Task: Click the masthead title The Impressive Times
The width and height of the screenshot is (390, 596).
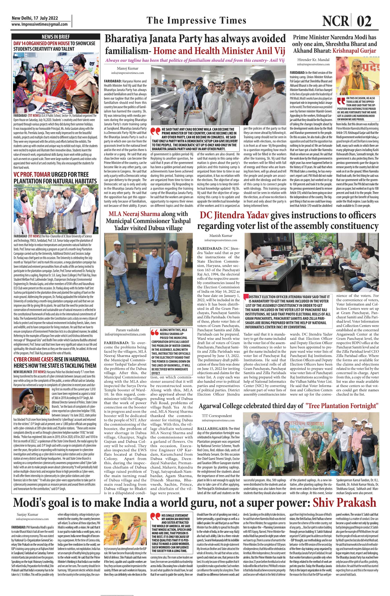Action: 196,20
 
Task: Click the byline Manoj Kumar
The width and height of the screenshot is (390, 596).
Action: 128,68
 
